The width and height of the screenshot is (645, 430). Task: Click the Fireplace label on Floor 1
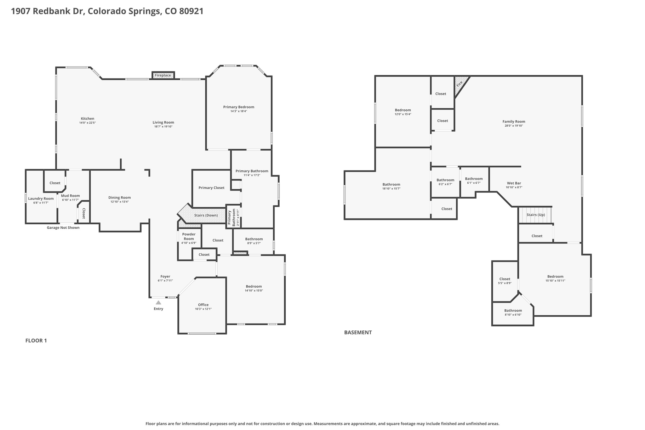(163, 75)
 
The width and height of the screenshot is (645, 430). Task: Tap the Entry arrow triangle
(158, 302)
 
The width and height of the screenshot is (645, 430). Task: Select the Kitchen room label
(87, 119)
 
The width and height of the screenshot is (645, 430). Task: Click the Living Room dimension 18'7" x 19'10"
(163, 127)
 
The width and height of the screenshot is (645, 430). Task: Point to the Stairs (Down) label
(206, 215)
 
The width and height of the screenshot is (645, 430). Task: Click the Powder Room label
(189, 236)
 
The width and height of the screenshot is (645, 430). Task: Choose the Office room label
(203, 305)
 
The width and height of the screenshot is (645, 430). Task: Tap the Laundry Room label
(41, 198)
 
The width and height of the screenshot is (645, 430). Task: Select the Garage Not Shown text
(63, 228)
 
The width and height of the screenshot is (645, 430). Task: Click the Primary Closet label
(211, 188)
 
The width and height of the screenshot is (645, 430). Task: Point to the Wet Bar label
(514, 183)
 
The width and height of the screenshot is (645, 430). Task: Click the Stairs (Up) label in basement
(535, 215)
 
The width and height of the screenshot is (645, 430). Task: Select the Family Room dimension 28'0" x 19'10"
(514, 126)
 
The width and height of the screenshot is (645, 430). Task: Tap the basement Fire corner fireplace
(460, 84)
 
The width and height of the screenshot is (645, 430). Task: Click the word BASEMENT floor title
(358, 332)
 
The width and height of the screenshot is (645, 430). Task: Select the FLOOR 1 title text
(36, 341)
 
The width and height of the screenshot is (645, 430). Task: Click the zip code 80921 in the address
(191, 11)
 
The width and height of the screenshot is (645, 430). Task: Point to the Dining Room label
(119, 198)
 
